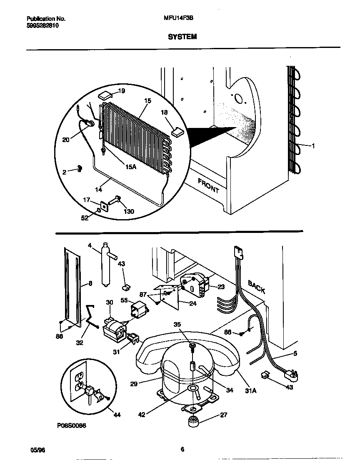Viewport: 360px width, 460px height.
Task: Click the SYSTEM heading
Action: point(182,37)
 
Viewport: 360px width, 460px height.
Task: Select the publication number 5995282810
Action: point(42,25)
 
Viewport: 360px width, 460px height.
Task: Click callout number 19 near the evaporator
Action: point(121,91)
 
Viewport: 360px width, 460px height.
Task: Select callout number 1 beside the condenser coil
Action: point(313,145)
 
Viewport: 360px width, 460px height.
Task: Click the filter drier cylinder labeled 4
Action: point(106,266)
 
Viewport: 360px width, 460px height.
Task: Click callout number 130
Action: point(129,211)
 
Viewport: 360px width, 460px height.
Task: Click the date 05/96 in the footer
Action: point(37,449)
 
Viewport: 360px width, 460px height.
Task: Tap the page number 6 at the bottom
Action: point(182,449)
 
